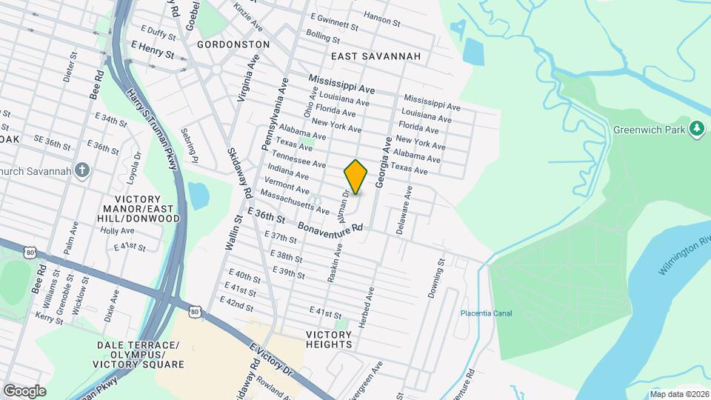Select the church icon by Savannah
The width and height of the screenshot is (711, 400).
pos(82,171)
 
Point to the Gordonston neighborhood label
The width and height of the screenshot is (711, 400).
pos(233,44)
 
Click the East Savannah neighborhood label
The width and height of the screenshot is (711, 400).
pos(375,56)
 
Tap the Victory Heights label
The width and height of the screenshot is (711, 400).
pos(329,339)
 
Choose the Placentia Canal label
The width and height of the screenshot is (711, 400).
pos(485,313)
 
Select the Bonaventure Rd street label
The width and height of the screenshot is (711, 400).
pos(331,225)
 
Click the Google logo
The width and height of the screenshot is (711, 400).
pos(24,390)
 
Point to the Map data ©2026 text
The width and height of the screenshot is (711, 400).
pos(679,394)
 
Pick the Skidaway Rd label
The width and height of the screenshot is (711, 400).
pos(238,170)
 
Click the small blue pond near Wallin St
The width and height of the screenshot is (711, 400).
pos(198,195)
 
